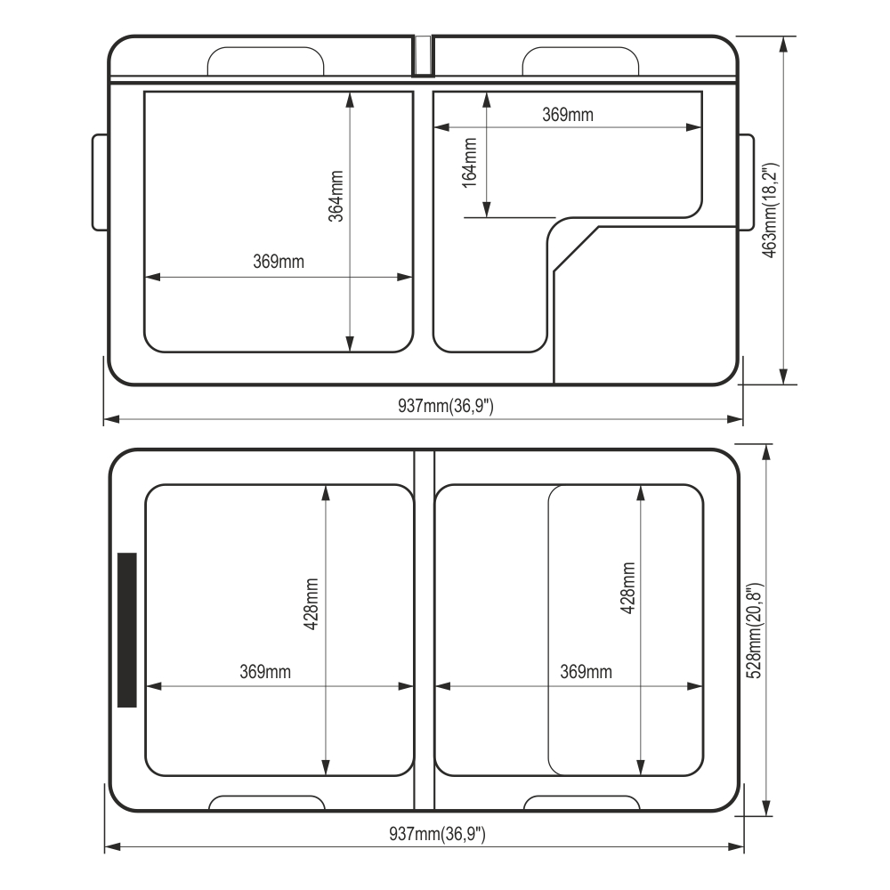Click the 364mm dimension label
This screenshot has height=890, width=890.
pos(336,197)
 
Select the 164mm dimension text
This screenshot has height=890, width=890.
pos(469,162)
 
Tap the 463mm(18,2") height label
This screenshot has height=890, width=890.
pos(770,211)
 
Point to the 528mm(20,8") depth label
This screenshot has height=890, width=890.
pos(755,630)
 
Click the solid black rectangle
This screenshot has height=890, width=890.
pos(127,630)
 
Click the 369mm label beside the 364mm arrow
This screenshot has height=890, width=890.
pos(279,262)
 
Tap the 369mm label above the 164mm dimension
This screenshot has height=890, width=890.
pos(568,115)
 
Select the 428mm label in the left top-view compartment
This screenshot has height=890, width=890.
pos(311,604)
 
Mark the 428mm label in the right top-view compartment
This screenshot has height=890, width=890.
pos(627,588)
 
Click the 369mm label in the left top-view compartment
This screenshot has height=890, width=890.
pos(265,672)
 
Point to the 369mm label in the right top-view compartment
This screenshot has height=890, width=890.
pos(586,672)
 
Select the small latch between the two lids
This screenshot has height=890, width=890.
pos(422,55)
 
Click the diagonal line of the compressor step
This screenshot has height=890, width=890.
pos(576,249)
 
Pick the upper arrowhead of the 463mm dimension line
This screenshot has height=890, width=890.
pos(784,44)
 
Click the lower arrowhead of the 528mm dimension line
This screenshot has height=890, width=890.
pos(766,807)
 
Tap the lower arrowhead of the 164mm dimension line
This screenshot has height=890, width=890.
pos(487,209)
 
